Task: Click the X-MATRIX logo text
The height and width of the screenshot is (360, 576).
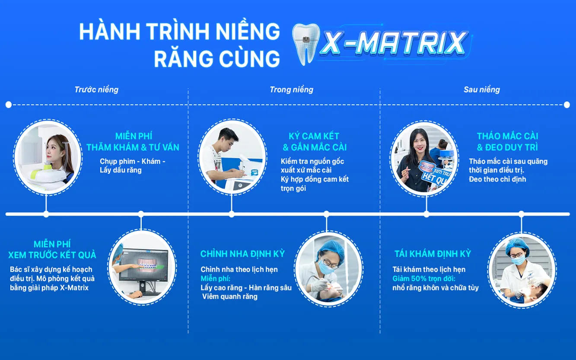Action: [x=395, y=44]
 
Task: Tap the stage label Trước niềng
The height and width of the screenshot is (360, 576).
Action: [x=96, y=90]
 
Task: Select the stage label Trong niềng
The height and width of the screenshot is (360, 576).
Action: [x=291, y=90]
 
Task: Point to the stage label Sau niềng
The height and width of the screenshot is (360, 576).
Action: [x=481, y=90]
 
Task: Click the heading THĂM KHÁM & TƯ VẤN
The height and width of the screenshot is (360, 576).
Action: [x=133, y=147]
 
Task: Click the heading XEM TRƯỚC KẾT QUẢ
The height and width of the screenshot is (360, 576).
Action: [x=52, y=255]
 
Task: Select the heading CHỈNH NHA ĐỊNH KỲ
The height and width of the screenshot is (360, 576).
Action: [x=242, y=254]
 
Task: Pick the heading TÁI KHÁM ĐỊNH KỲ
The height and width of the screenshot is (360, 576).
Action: [x=433, y=254]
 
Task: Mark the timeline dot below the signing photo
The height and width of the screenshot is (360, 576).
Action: [x=232, y=214]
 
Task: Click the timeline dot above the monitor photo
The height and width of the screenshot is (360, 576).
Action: [x=141, y=214]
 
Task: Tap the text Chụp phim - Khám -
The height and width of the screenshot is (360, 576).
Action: [x=133, y=161]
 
